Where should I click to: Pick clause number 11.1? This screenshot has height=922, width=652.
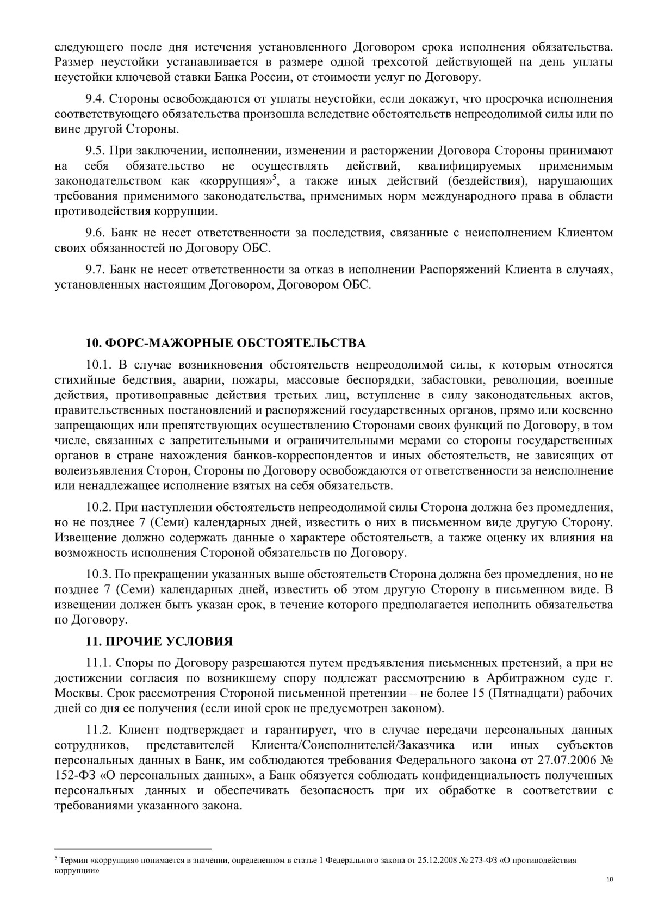[x=99, y=663]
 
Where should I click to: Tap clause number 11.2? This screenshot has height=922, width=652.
[x=99, y=730]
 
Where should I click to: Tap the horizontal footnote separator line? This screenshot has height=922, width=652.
[x=133, y=848]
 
